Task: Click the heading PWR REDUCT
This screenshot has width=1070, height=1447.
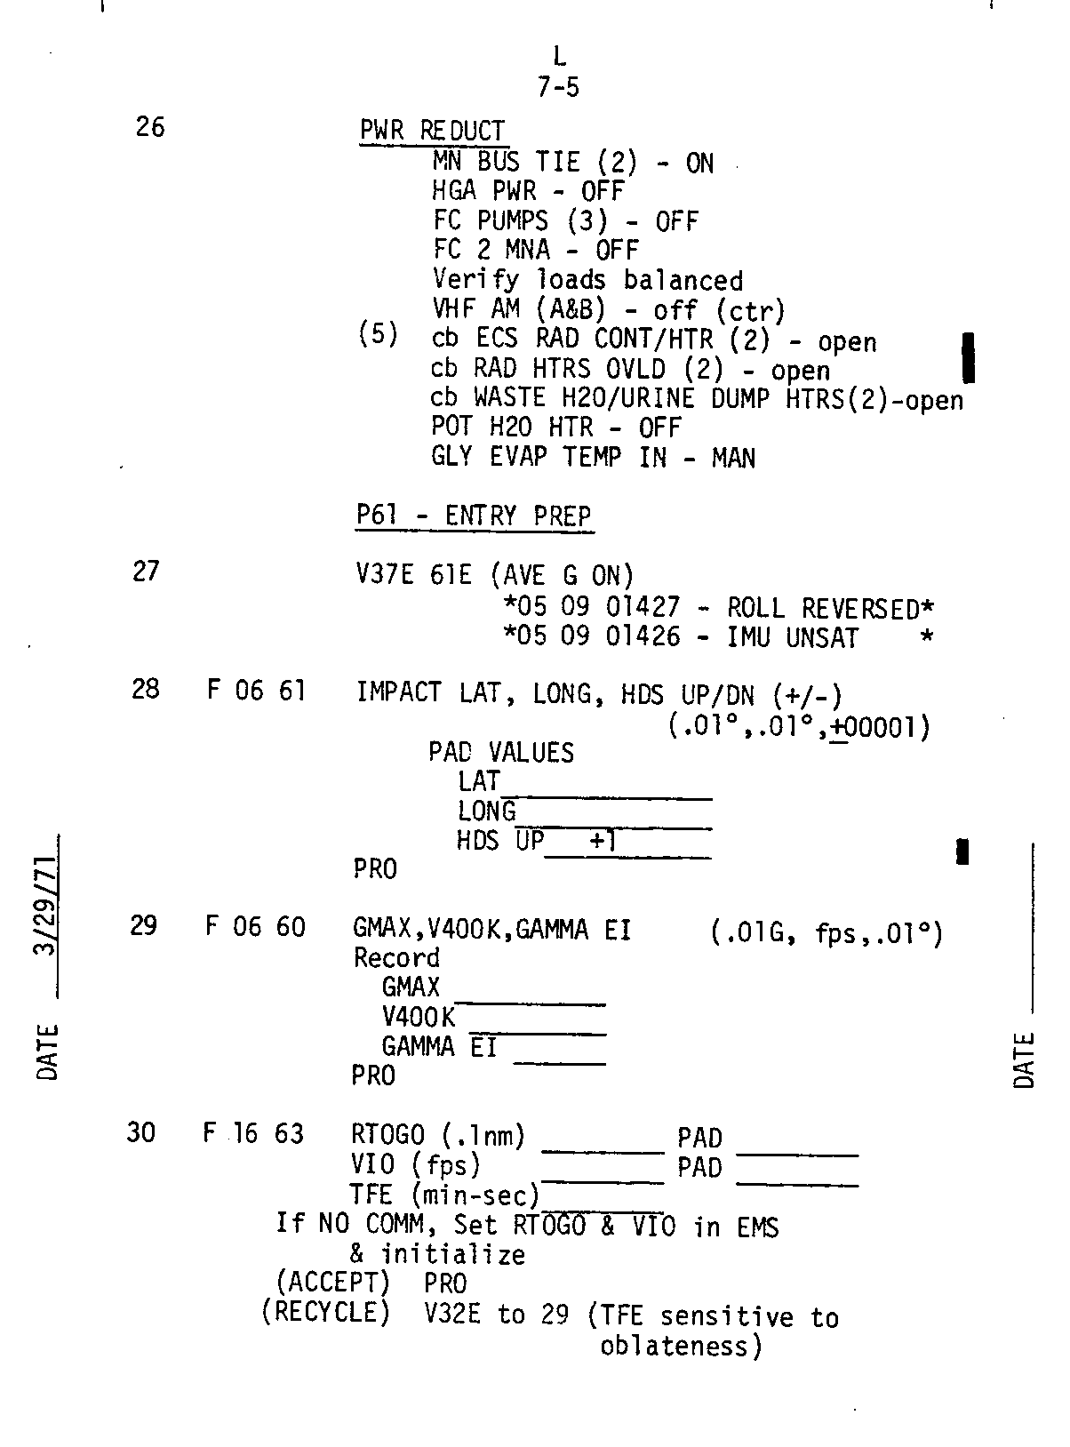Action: click(433, 131)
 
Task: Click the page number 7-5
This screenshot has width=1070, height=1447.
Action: click(558, 87)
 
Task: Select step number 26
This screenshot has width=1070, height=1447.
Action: click(150, 126)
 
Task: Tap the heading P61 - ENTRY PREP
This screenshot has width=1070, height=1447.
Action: click(474, 516)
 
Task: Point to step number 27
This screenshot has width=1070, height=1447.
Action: click(146, 571)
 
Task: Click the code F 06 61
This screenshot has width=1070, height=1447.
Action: click(257, 691)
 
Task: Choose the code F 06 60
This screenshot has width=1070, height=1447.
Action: click(255, 926)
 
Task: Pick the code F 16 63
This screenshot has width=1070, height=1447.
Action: click(253, 1133)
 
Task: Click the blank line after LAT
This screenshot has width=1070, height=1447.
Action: click(606, 798)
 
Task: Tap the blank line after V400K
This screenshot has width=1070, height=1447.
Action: click(538, 1034)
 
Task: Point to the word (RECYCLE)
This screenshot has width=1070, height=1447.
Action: click(325, 1312)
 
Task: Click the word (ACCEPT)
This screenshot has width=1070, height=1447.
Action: click(332, 1283)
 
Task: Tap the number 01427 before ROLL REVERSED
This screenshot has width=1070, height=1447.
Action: click(643, 607)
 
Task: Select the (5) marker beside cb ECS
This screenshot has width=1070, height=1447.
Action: click(378, 334)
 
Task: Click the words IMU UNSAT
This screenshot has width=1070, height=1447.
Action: click(793, 637)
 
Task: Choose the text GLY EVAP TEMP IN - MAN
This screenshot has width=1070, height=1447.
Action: click(593, 457)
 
